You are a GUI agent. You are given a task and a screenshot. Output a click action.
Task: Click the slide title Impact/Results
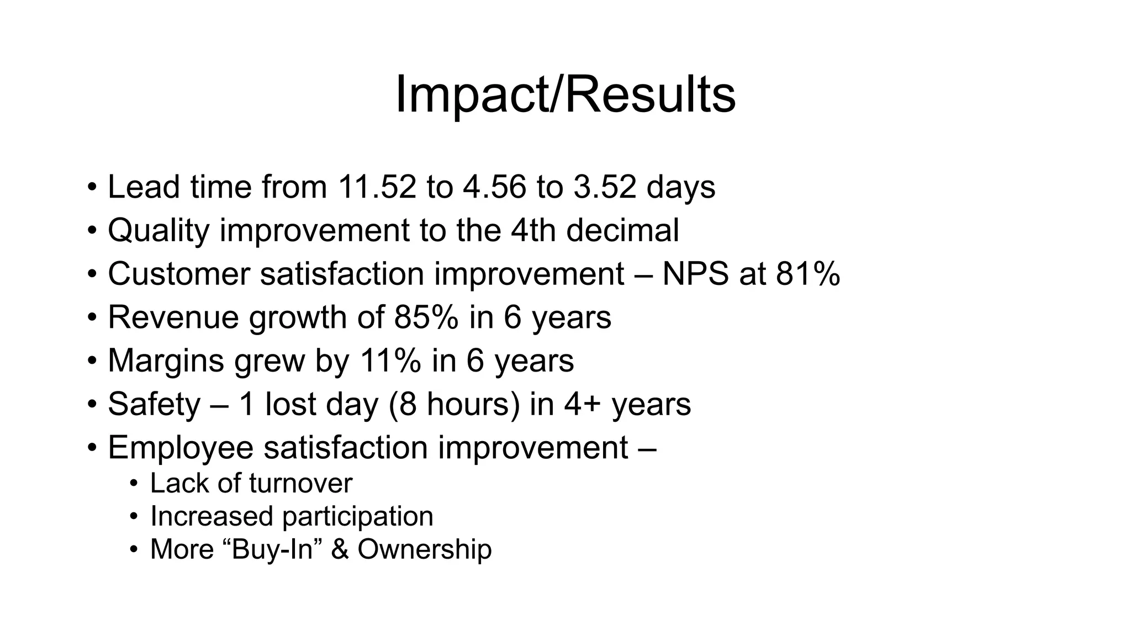pos(565,95)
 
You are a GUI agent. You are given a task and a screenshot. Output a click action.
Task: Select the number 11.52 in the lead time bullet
pos(377,187)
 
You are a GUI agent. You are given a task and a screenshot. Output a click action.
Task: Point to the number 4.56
pos(494,187)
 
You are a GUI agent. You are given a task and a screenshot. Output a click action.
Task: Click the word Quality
pos(158,230)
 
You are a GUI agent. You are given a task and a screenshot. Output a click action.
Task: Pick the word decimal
pos(622,230)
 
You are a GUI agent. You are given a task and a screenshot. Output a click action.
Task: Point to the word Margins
pos(166,361)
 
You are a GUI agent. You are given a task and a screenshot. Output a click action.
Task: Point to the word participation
pos(358,517)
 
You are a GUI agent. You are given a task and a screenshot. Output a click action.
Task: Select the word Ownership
pos(424,549)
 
